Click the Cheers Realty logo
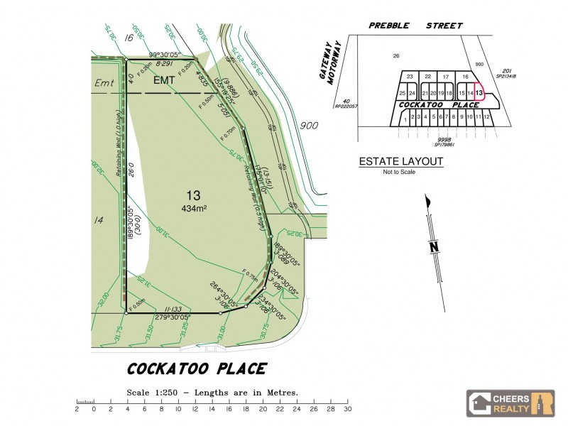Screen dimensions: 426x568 click(510, 403)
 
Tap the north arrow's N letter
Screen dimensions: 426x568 click(433, 247)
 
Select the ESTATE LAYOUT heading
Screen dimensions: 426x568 click(401, 162)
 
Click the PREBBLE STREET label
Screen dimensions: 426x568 click(415, 26)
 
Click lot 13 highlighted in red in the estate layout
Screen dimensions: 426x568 click(479, 93)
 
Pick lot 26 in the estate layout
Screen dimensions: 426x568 click(396, 55)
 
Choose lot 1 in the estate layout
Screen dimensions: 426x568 click(405, 118)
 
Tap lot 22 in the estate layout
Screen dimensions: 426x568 click(427, 77)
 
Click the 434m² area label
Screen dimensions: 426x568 click(194, 208)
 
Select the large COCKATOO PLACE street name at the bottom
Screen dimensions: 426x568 click(197, 369)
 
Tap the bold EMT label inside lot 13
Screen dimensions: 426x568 click(164, 81)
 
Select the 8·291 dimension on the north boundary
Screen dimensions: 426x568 click(165, 64)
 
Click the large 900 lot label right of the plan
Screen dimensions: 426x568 click(309, 125)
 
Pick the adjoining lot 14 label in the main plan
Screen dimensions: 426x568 click(99, 220)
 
